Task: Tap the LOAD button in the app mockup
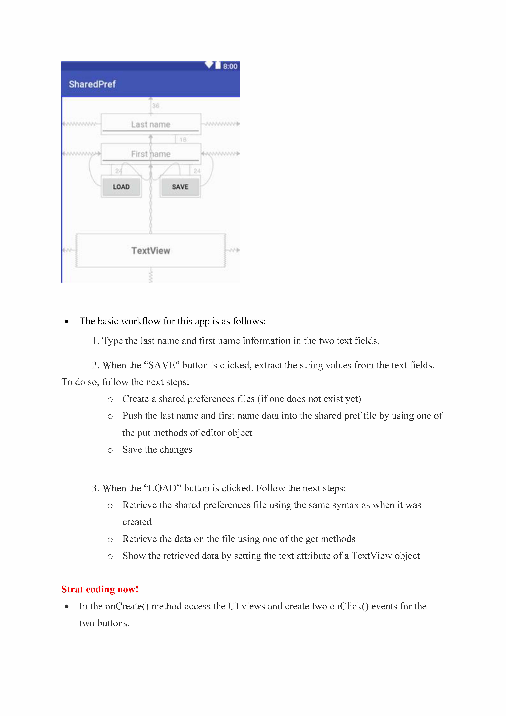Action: [121, 187]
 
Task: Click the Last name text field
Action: [151, 124]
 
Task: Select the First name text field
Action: [151, 154]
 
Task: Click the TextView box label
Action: [151, 251]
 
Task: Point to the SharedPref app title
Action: [92, 84]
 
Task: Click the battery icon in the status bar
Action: [218, 65]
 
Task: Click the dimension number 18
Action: [183, 140]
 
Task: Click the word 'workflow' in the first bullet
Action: [141, 321]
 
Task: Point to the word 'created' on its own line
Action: [137, 522]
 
